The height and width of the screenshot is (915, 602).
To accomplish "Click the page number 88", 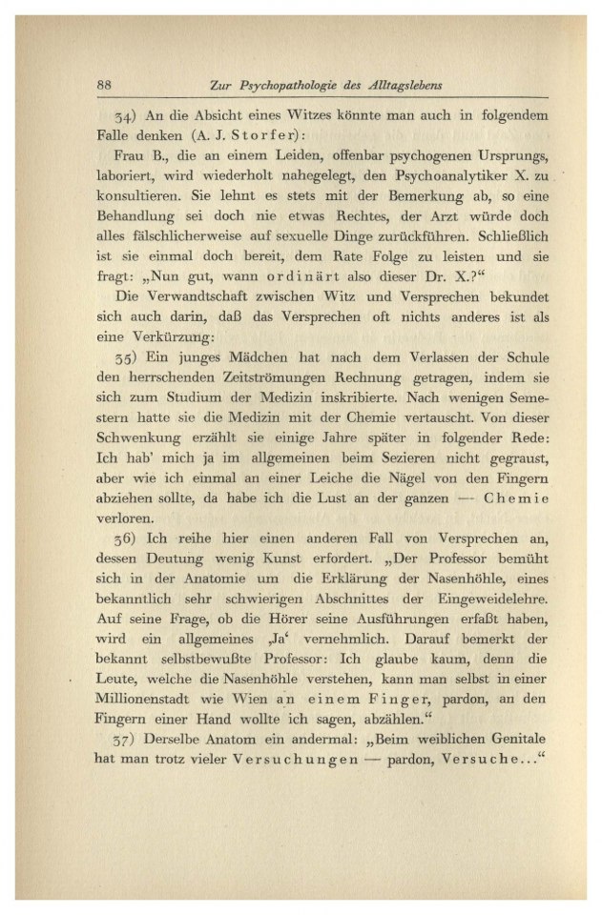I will (x=106, y=84).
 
